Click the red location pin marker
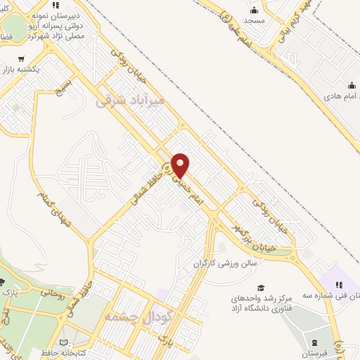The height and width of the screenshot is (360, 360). tap(181, 165)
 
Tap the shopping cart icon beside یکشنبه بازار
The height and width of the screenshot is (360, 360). tap(21, 59)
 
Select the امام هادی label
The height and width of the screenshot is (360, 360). tap(336, 96)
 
